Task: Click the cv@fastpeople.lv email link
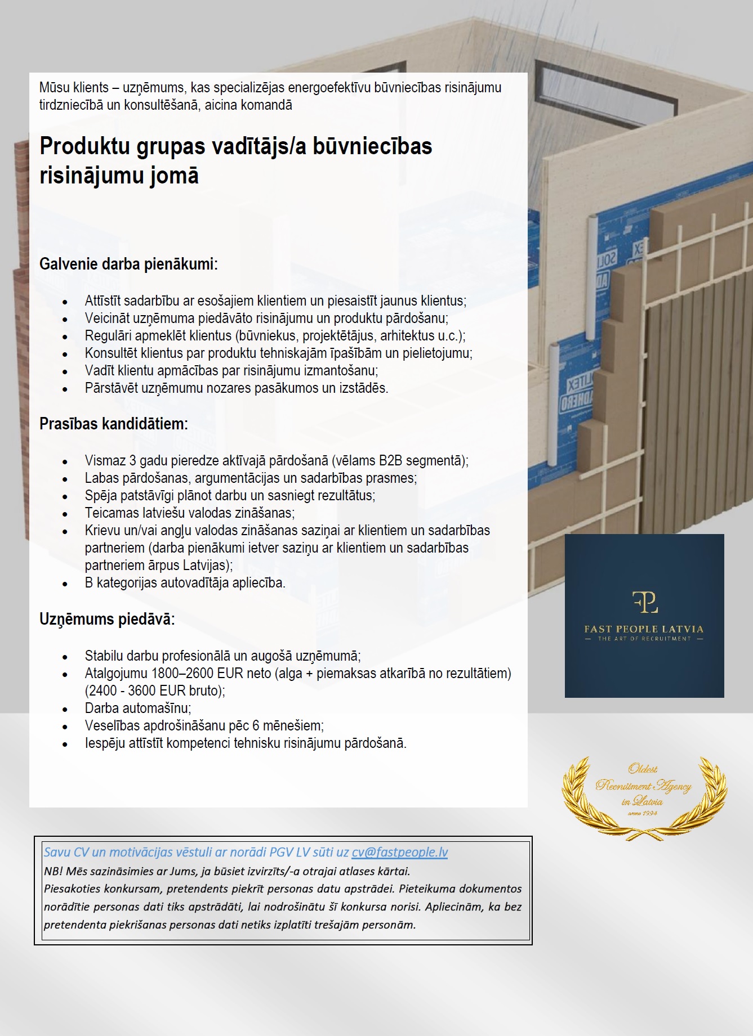pyautogui.click(x=399, y=853)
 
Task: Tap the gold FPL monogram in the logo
pyautogui.click(x=644, y=602)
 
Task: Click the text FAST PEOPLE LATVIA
pyautogui.click(x=644, y=629)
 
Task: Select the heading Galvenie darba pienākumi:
pyautogui.click(x=128, y=264)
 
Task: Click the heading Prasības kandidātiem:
pyautogui.click(x=113, y=424)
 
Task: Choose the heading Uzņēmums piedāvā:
pyautogui.click(x=107, y=619)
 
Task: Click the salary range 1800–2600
pyautogui.click(x=182, y=673)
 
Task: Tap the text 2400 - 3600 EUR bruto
pyautogui.click(x=155, y=690)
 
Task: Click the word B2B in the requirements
pyautogui.click(x=390, y=460)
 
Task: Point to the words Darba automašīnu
pyautogui.click(x=138, y=708)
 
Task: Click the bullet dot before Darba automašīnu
pyautogui.click(x=65, y=709)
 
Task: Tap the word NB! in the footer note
pyautogui.click(x=54, y=871)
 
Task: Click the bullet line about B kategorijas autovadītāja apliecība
pyautogui.click(x=185, y=582)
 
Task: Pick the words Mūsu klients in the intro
pyautogui.click(x=74, y=88)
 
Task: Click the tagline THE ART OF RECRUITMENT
pyautogui.click(x=644, y=639)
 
